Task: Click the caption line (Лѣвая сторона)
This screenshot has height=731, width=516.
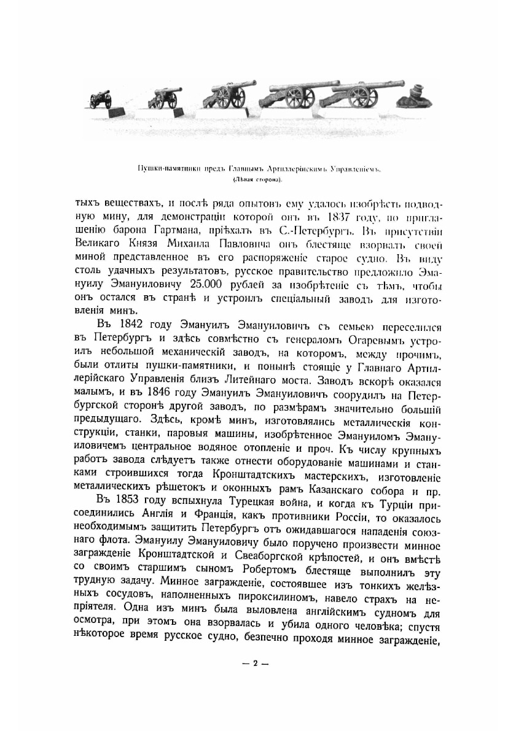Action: click(x=257, y=180)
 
